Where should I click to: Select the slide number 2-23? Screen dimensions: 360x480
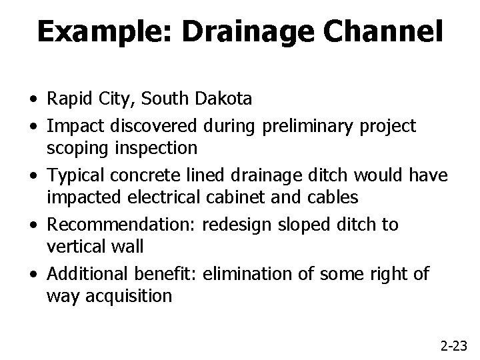point(454,345)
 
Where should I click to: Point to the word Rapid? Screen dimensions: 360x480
point(69,100)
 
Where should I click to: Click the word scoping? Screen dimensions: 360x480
point(77,147)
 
